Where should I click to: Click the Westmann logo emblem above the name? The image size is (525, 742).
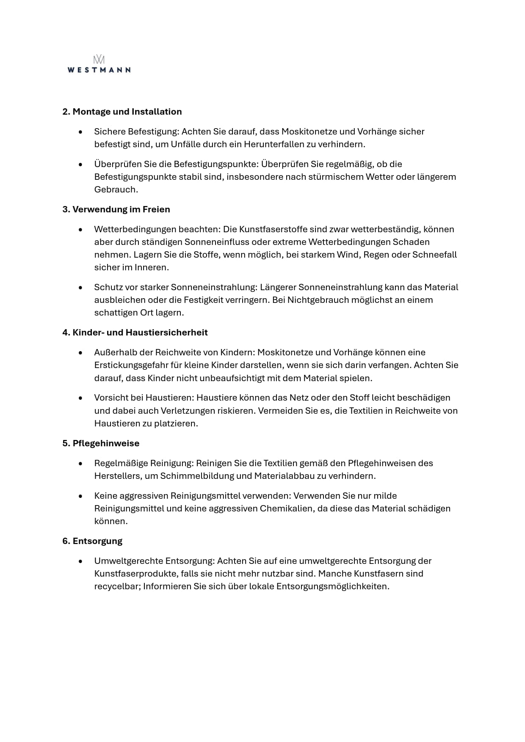coord(99,60)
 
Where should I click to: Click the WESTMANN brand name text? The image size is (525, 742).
coord(99,70)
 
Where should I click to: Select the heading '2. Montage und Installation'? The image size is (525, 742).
coord(122,112)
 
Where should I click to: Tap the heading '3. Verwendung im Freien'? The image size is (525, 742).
coord(116,209)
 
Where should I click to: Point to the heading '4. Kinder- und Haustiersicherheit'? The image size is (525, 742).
coord(135,333)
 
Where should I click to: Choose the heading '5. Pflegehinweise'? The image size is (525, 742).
coord(101,443)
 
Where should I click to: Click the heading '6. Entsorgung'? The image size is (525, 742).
coord(92,541)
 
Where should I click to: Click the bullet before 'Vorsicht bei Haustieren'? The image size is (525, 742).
coord(80,398)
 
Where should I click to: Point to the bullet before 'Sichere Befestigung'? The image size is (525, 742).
coord(80,132)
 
